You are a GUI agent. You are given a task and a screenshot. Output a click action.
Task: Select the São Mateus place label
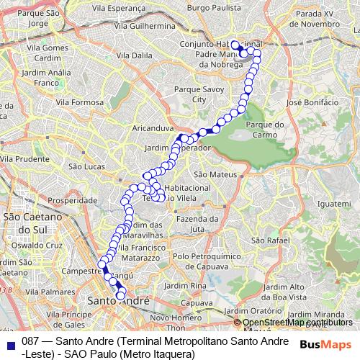click(x=211, y=174)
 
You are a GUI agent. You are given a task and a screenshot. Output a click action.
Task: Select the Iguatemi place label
click(x=333, y=205)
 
